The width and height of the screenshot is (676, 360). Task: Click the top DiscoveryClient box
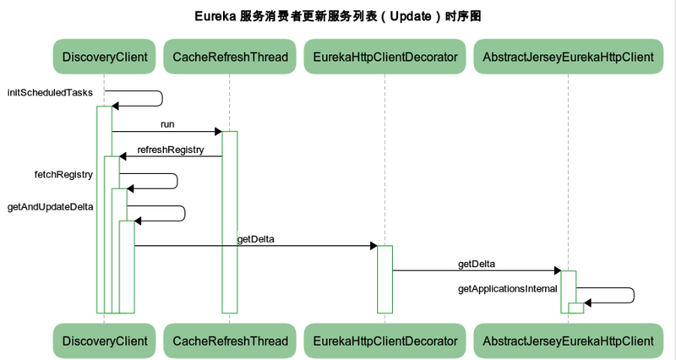pyautogui.click(x=105, y=57)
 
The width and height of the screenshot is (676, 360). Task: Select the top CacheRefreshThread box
pyautogui.click(x=230, y=57)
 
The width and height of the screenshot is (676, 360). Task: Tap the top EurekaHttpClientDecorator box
pyautogui.click(x=384, y=57)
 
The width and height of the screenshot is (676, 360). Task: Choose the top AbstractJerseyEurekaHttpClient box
pyautogui.click(x=568, y=57)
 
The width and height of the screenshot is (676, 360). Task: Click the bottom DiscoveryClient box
pyautogui.click(x=105, y=341)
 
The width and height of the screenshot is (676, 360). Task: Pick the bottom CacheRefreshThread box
pyautogui.click(x=230, y=341)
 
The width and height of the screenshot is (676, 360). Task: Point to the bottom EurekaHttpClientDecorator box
pyautogui.click(x=384, y=341)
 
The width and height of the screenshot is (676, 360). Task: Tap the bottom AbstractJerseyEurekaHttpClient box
pyautogui.click(x=568, y=341)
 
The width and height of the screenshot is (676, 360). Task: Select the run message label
pyautogui.click(x=167, y=124)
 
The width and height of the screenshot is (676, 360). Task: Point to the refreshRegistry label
pyautogui.click(x=171, y=150)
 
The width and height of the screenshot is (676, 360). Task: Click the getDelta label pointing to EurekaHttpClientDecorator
pyautogui.click(x=255, y=239)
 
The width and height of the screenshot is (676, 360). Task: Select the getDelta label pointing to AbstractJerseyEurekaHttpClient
pyautogui.click(x=477, y=264)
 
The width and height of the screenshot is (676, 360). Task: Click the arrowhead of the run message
pyautogui.click(x=217, y=131)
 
